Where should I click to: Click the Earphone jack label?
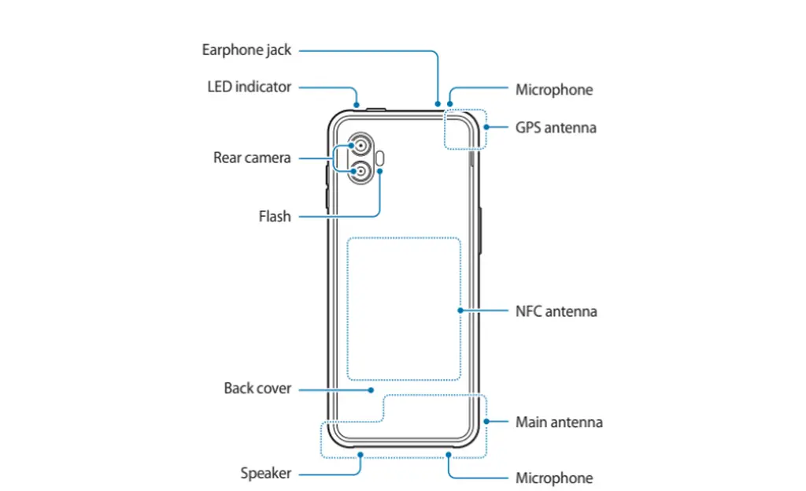pos(246,50)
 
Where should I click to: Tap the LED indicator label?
pos(250,87)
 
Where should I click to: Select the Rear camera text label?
pos(252,158)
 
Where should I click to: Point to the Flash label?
pos(275,216)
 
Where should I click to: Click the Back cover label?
pos(257,388)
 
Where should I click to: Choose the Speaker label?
pos(266,474)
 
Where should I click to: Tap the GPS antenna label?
pos(556,128)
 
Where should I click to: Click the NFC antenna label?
pos(556,311)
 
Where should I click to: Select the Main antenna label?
pos(560,422)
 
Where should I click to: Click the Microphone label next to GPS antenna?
pos(554,90)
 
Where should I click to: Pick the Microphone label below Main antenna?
pos(554,478)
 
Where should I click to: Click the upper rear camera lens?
pos(360,146)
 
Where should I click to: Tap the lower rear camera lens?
pos(360,171)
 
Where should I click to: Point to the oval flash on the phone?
pos(380,158)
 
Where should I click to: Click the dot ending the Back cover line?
pos(371,390)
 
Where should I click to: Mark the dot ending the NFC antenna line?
pos(460,311)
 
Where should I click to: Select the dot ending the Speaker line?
pos(360,455)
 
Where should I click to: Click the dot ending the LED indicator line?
pos(357,105)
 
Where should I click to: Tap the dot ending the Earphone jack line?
pos(438,104)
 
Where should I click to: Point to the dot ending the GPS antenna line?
pos(486,127)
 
